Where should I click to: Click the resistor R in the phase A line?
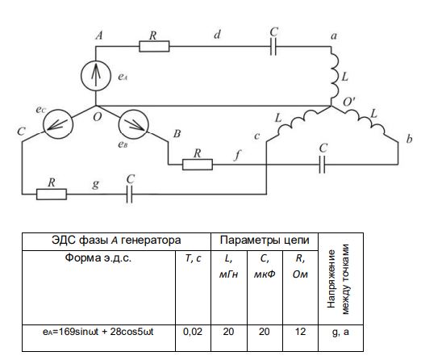(154, 46)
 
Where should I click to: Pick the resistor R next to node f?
(198, 165)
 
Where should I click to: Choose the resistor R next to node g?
(52, 194)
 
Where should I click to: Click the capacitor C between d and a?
(273, 46)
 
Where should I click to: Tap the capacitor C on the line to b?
(322, 165)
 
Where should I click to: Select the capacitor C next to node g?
(129, 194)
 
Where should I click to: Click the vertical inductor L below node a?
(335, 76)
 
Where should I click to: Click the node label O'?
(349, 102)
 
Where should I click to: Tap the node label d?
(217, 35)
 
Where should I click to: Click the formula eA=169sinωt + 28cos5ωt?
(98, 332)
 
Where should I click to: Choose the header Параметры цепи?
(265, 240)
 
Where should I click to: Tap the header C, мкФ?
(265, 266)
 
